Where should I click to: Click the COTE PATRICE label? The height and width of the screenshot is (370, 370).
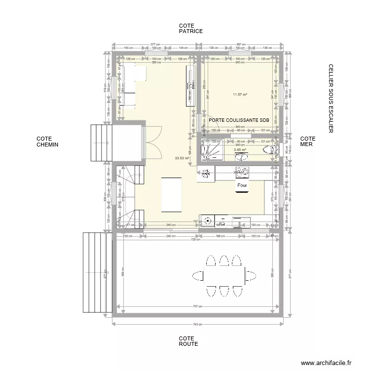pyautogui.click(x=190, y=29)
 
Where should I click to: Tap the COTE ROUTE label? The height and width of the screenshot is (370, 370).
pyautogui.click(x=188, y=341)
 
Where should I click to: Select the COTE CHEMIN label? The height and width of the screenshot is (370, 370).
pyautogui.click(x=47, y=142)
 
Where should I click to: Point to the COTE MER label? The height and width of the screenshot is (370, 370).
pyautogui.click(x=307, y=142)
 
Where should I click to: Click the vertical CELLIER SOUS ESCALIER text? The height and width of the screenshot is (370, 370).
pyautogui.click(x=331, y=98)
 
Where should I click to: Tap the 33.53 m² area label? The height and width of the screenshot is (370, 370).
pyautogui.click(x=182, y=159)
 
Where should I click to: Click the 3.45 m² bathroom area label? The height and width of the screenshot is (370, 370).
pyautogui.click(x=240, y=149)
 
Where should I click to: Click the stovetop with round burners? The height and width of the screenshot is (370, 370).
pyautogui.click(x=243, y=172)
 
